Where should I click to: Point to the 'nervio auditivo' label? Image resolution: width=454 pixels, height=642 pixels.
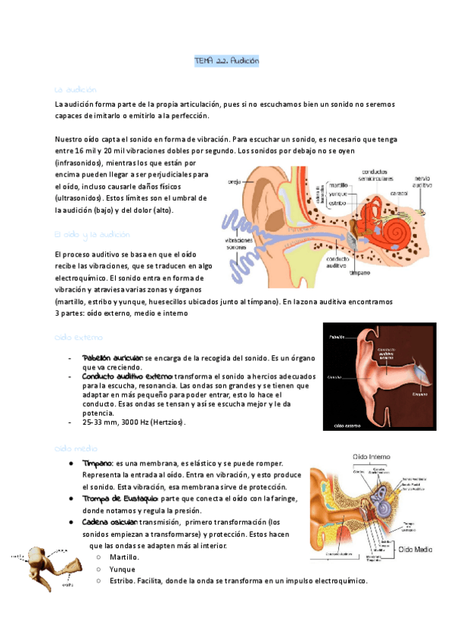tap(421, 182)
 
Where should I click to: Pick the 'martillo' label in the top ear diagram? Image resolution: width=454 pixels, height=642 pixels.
tap(337, 184)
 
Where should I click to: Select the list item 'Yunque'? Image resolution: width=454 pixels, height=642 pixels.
tap(123, 569)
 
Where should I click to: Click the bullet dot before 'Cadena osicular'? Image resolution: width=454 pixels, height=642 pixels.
tap(70, 522)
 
